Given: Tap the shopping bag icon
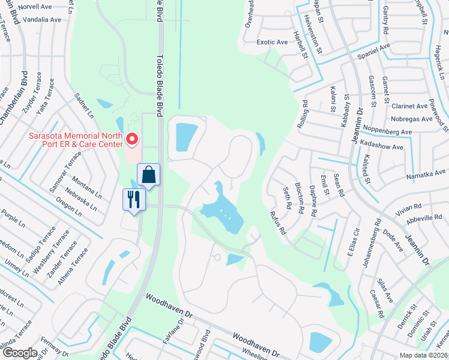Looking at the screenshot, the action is point(148,176).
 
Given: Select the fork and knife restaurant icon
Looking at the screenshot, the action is point(134,199).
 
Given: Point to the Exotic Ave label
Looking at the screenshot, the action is point(272,43).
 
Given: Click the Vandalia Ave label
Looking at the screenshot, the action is point(40,20).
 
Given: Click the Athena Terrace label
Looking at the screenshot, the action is point(80,260).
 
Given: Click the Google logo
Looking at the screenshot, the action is point(20,353).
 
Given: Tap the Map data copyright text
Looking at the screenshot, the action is point(424,355).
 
